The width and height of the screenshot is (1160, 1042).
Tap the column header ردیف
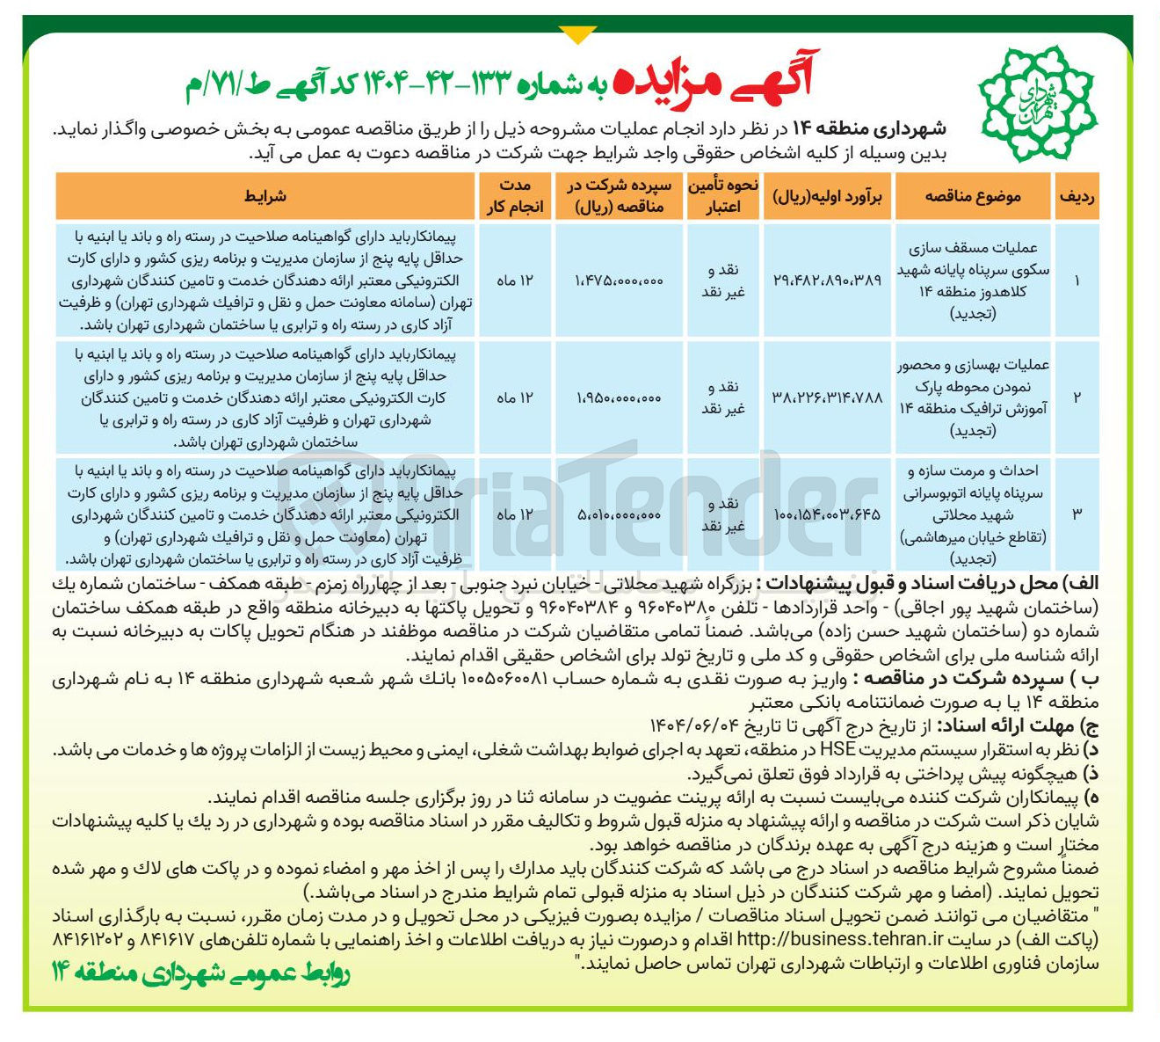[1077, 196]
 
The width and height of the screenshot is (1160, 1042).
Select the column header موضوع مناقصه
[973, 196]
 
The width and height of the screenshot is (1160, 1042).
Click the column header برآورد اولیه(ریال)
[829, 196]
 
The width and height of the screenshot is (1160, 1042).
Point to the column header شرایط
[265, 196]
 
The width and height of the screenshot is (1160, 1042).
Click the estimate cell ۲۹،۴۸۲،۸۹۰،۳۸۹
[829, 281]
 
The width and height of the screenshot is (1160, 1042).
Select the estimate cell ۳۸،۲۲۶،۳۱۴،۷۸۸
[829, 397]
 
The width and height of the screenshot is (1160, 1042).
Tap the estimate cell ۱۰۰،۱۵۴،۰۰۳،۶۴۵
[829, 514]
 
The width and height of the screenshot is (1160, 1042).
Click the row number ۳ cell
[1077, 514]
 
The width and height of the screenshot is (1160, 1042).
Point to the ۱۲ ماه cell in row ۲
[514, 397]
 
